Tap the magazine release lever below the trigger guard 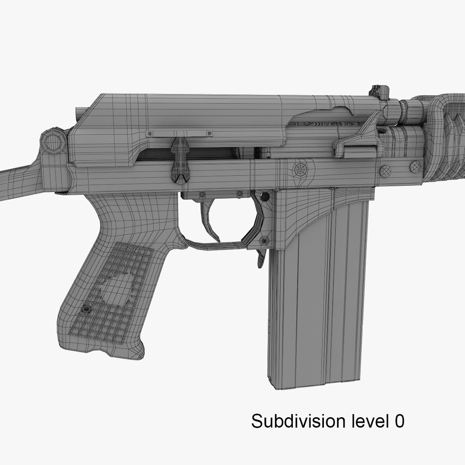click(261, 258)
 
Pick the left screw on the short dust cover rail click(150, 134)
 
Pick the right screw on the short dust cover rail click(209, 134)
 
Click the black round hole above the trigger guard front click(265, 196)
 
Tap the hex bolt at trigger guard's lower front click(265, 240)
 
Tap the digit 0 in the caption click(399, 421)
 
